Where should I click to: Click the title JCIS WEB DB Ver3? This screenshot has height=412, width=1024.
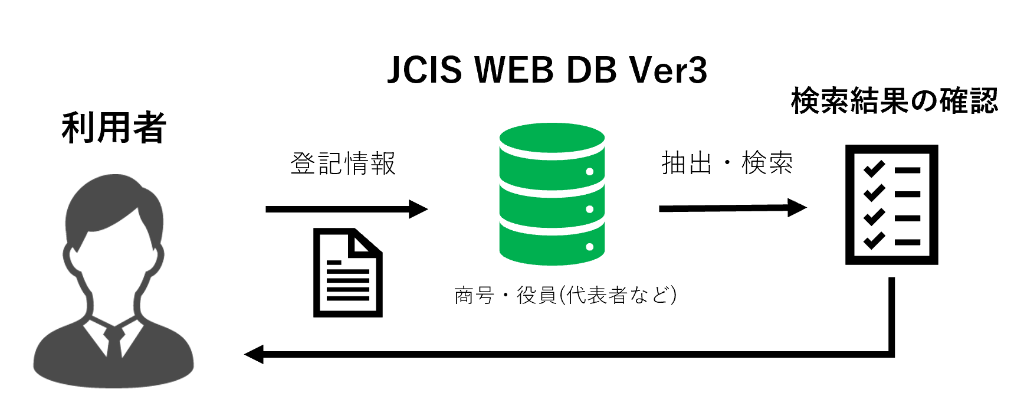coord(547,70)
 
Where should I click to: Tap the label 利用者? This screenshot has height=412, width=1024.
coord(113,127)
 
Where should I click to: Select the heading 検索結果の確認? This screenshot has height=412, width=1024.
coord(894,101)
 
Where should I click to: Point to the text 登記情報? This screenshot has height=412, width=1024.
coord(343,164)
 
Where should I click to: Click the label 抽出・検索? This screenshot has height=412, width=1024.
coord(727,163)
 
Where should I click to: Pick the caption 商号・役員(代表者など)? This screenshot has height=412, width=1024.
coord(565,295)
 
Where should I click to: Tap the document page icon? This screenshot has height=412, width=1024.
coord(347,273)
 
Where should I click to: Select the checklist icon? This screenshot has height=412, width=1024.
coord(891,204)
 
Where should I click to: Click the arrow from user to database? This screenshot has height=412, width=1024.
coord(346,209)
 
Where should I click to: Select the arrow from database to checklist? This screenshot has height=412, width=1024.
coord(731,208)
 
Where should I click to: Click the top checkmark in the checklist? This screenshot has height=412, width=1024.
coord(874,169)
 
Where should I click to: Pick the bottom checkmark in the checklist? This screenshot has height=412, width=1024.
coord(874,241)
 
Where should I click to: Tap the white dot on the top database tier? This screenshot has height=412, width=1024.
coord(589,172)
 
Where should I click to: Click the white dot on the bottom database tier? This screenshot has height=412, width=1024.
coord(589,247)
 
